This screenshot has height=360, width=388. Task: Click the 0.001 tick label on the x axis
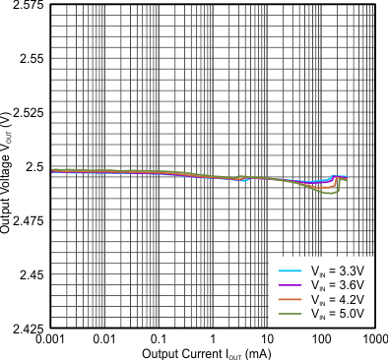click(47, 339)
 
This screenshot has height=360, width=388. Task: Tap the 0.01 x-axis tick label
click(101, 339)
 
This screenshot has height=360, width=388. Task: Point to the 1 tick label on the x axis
click(211, 339)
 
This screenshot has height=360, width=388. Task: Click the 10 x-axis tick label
click(266, 339)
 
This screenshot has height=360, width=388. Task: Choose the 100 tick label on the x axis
click(320, 339)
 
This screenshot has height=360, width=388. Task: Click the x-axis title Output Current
click(196, 353)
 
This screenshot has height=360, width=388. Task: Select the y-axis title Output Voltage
click(8, 167)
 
